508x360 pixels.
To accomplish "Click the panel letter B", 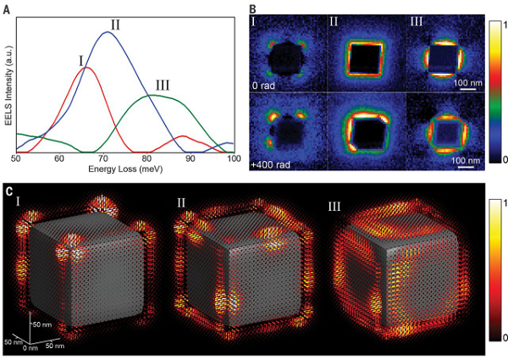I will point(251,8).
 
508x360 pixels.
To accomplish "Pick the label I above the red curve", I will point(80,60).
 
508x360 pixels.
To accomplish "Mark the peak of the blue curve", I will point(107,32).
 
